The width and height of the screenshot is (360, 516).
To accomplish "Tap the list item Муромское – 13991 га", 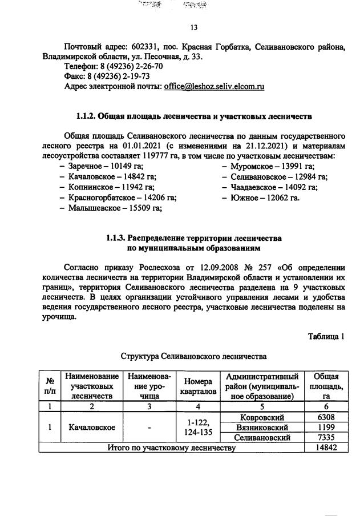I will point(268,167).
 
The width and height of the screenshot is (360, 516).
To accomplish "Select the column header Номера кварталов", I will point(198,386).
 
